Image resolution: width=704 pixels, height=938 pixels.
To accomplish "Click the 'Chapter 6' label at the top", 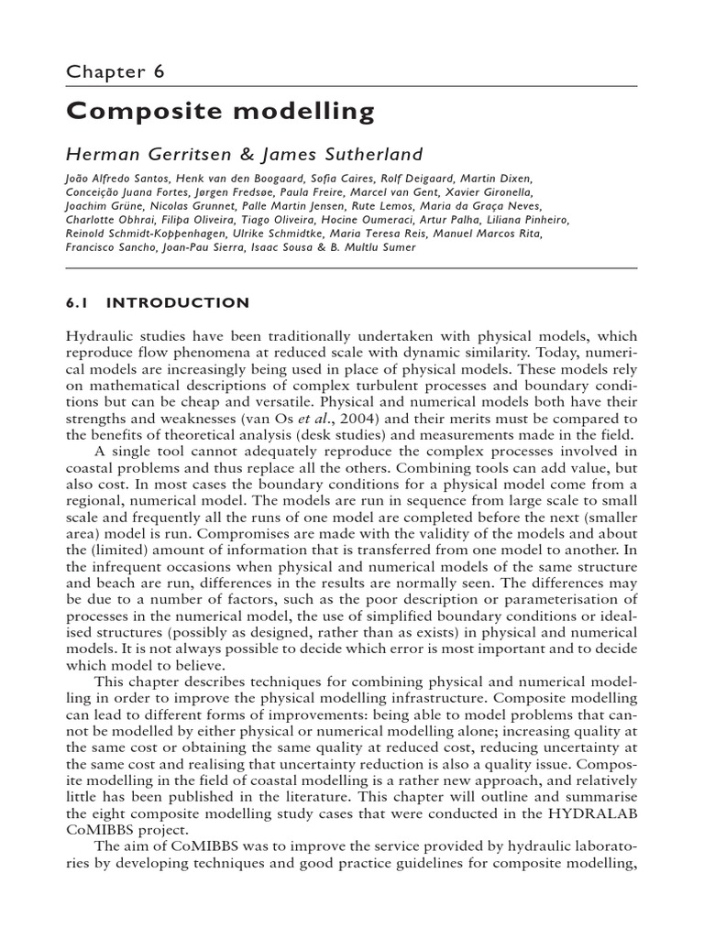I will (115, 71).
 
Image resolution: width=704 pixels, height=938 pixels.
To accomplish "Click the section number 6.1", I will (82, 303).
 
